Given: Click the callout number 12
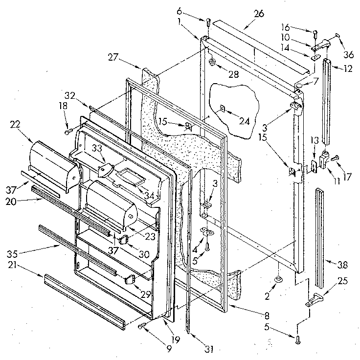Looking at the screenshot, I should coord(348,68).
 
